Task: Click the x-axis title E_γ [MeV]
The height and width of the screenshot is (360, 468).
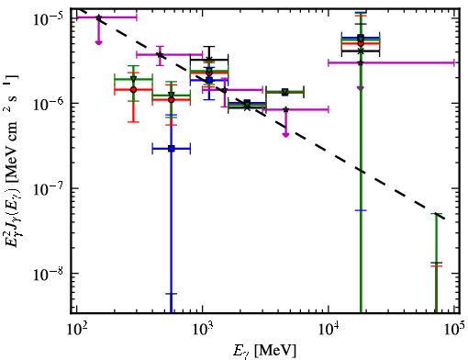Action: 264,351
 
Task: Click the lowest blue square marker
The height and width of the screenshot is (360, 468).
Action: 172,149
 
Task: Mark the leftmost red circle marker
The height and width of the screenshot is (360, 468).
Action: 133,90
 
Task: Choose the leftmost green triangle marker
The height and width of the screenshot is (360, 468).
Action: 133,79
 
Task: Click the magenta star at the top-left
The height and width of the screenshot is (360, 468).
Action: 98,17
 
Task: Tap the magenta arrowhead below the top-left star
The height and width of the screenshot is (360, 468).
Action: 98,42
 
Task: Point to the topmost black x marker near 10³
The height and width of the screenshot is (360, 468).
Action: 209,60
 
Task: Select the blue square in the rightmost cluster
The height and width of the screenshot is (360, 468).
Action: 361,38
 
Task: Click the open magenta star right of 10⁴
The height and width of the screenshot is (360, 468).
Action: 361,62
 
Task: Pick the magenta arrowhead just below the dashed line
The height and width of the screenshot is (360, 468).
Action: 285,134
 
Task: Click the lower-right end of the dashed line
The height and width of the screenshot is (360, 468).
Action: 445,219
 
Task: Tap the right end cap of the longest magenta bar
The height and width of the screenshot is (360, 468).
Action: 454,62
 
